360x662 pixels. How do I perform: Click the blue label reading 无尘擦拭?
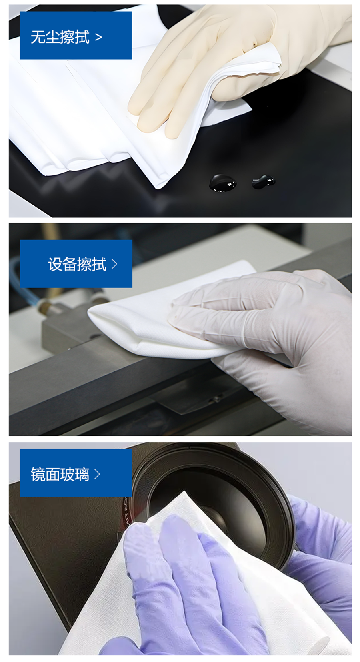pyautogui.click(x=76, y=36)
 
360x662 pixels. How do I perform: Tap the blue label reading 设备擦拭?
pyautogui.click(x=76, y=264)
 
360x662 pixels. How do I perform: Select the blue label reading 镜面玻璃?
pyautogui.click(x=76, y=473)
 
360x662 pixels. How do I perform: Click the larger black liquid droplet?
pyautogui.click(x=223, y=183)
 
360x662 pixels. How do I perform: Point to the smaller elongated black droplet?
pyautogui.click(x=263, y=181)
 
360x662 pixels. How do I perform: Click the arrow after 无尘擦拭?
pyautogui.click(x=99, y=38)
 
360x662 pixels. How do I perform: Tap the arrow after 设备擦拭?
pyautogui.click(x=114, y=264)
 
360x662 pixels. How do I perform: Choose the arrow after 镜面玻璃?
pyautogui.click(x=97, y=475)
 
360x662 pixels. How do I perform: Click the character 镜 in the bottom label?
pyautogui.click(x=38, y=475)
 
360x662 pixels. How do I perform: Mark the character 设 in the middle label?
pyautogui.click(x=55, y=265)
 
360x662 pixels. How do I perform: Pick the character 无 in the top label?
pyautogui.click(x=38, y=37)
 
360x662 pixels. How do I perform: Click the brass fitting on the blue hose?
pyautogui.click(x=45, y=307)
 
